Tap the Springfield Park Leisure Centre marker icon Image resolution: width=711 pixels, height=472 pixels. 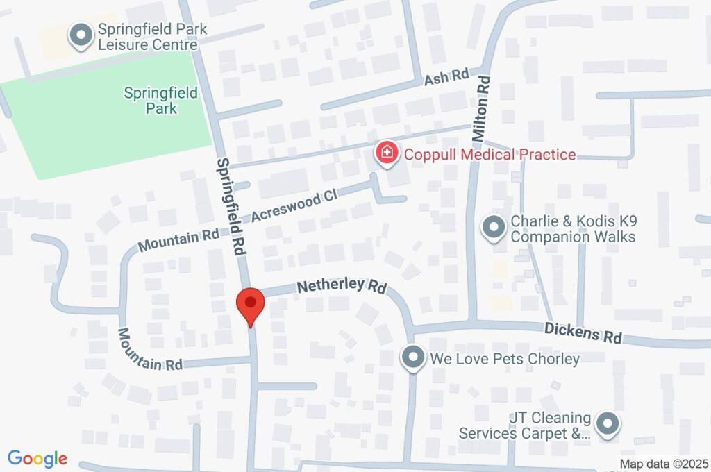[x=81, y=36]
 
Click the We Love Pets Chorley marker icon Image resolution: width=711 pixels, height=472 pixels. [x=413, y=358]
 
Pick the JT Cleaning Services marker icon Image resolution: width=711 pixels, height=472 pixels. [x=608, y=425]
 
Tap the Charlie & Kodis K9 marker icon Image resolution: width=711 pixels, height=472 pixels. [x=493, y=228]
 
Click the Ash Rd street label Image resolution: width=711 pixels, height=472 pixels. [x=447, y=77]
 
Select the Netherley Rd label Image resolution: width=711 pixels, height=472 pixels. [x=342, y=286]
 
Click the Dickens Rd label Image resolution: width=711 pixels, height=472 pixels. [x=583, y=332]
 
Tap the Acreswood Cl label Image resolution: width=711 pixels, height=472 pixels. [x=294, y=207]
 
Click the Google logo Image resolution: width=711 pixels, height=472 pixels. [x=37, y=459]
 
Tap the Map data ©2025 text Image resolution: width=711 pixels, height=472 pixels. [x=664, y=464]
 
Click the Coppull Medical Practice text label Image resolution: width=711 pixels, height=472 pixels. [x=490, y=154]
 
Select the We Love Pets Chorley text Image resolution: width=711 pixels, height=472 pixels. [x=505, y=359]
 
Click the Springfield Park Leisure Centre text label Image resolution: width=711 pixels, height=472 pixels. [x=152, y=37]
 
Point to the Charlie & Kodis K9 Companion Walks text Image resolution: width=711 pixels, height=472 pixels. [x=573, y=229]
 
